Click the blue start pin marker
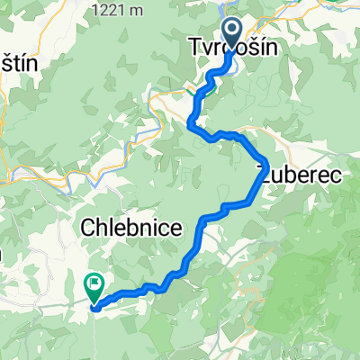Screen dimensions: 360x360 click(x=231, y=34)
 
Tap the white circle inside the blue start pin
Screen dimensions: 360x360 click(x=231, y=32)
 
